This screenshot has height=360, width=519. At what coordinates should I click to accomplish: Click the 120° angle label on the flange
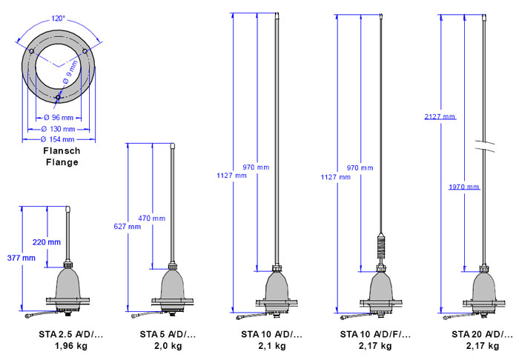(59, 19)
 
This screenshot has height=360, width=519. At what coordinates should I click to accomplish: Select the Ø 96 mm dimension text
(59, 117)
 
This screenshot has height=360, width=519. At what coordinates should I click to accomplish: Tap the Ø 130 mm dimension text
(59, 129)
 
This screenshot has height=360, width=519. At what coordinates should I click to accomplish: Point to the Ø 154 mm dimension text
(58, 139)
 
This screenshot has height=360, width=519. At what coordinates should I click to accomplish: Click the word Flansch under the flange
(62, 151)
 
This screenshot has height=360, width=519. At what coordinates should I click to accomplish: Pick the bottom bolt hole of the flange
(58, 97)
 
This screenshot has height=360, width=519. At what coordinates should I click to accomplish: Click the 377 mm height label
(22, 258)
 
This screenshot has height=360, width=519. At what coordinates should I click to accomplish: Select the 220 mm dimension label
(47, 242)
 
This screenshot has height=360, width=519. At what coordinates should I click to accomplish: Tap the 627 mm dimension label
(127, 227)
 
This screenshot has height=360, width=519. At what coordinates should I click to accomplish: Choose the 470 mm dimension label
(151, 219)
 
